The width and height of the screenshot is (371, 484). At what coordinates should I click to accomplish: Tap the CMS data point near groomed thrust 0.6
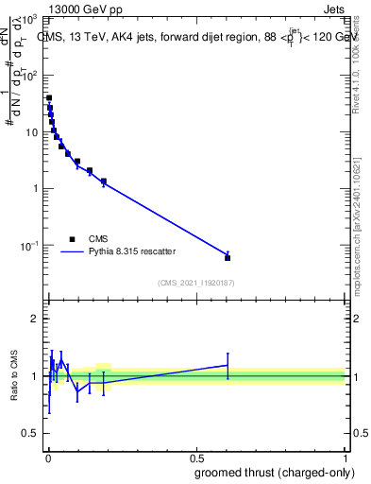(228, 257)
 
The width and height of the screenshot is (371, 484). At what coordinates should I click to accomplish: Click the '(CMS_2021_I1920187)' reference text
(195, 283)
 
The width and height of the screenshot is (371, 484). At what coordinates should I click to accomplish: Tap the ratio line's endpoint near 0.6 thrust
(228, 365)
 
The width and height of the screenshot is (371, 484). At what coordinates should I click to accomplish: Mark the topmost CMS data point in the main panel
(49, 97)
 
